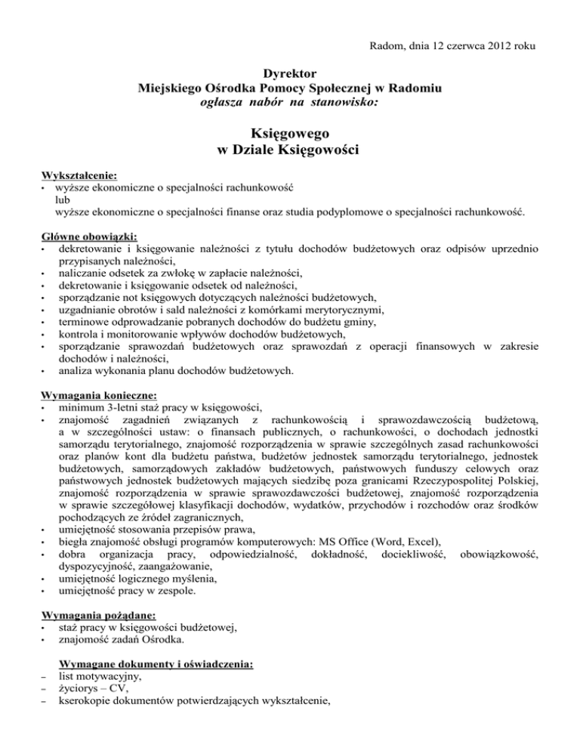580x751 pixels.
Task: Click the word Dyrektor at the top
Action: tap(290, 75)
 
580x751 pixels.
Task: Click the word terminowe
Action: tap(85, 321)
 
